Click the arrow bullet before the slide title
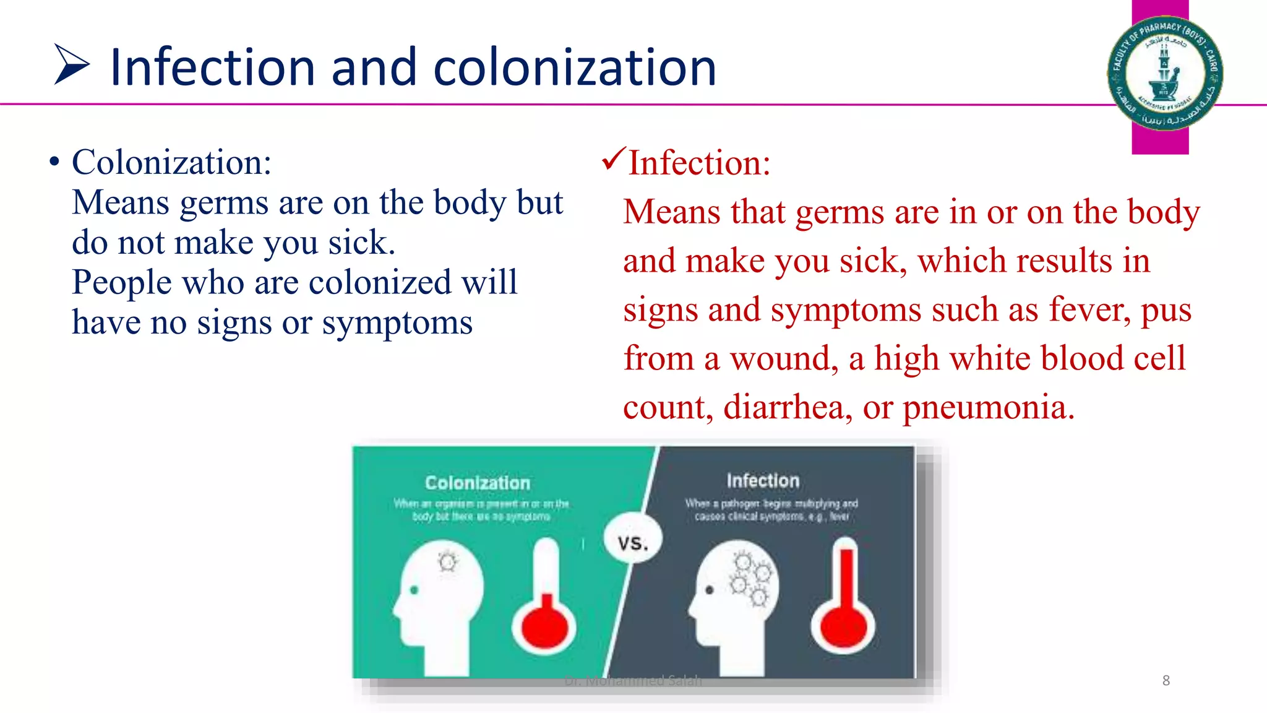coord(72,64)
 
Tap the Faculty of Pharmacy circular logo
coord(1164,73)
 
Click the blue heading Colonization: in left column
coord(171,163)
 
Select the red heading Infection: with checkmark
coord(699,163)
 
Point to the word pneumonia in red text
coord(988,408)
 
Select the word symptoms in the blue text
coord(397,324)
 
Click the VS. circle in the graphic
coord(632,542)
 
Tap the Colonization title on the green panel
coord(477,483)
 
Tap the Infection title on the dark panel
coord(762,480)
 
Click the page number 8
coord(1166,681)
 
